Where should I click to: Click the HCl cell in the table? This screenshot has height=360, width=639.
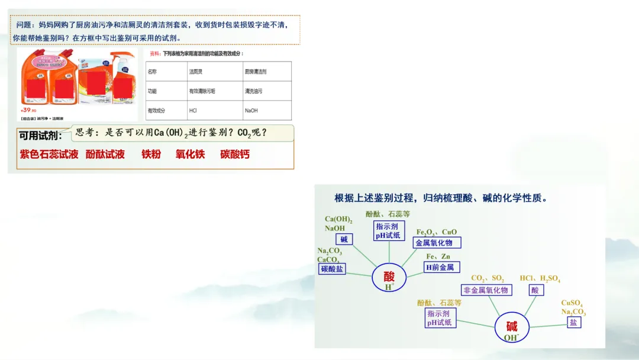click(x=193, y=111)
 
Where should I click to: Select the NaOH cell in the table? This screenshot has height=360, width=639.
click(x=251, y=111)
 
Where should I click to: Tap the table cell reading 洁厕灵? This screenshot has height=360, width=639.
click(x=196, y=72)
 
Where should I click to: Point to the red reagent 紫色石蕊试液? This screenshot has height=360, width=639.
click(x=49, y=155)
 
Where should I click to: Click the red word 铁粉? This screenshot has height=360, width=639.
click(x=151, y=155)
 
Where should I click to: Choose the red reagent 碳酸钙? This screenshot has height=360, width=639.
click(x=235, y=155)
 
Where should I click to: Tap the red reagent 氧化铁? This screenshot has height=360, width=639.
click(x=190, y=155)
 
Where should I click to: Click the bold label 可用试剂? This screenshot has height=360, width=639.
click(x=40, y=136)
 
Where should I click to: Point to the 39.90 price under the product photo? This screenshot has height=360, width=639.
click(x=28, y=110)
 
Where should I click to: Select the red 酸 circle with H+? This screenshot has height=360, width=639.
click(x=389, y=278)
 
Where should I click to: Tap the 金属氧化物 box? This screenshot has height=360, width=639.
click(x=437, y=243)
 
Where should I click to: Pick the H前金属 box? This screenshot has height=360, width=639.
click(x=442, y=267)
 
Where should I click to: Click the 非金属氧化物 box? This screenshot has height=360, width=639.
click(x=486, y=290)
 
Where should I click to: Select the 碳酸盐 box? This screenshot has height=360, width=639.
click(x=332, y=269)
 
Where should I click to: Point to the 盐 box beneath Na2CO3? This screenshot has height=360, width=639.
click(x=573, y=323)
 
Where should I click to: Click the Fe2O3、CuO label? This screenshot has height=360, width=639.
click(x=437, y=232)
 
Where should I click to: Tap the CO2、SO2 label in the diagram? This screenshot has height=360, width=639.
click(x=488, y=278)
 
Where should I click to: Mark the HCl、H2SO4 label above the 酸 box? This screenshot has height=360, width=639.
click(x=540, y=278)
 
